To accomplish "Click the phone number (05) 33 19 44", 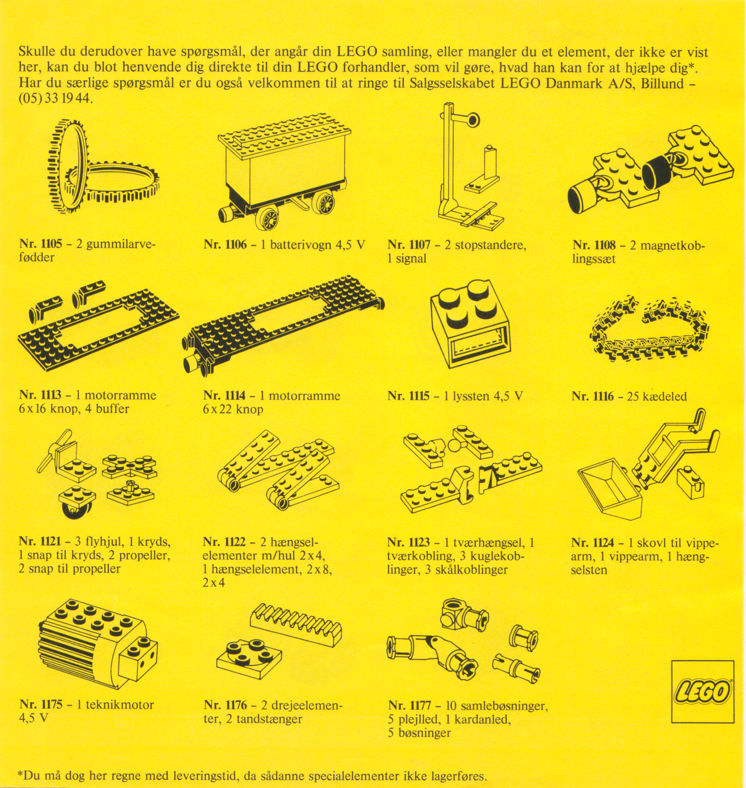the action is point(55,98).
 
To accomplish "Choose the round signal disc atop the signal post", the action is point(473,120).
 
